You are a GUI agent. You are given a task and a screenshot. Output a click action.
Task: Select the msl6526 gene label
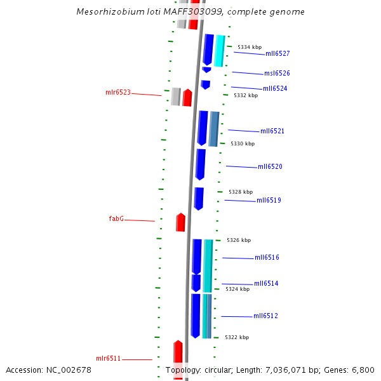pos(277,74)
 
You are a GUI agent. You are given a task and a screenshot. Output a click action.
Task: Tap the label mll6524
pos(275,89)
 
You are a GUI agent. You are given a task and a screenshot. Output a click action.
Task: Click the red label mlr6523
pos(118,93)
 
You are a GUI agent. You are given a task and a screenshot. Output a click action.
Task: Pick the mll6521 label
pos(272,131)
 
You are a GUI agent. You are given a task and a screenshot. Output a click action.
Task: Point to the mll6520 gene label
pos(270,167)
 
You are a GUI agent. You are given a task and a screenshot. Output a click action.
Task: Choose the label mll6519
pos(269,201)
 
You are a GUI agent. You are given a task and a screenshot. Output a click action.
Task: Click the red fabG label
pos(116,218)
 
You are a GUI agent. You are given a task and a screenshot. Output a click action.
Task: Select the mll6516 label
pos(267,258)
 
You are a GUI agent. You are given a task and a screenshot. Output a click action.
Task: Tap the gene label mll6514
pos(266,284)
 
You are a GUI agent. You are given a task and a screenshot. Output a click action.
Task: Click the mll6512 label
pos(265,316)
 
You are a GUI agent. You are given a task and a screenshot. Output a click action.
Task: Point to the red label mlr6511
pos(109,359)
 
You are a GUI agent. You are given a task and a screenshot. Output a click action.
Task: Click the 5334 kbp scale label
pos(250,47)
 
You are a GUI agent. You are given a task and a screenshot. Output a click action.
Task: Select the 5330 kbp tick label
pos(243,144)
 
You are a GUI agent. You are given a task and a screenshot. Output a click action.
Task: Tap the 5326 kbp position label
pos(239,240)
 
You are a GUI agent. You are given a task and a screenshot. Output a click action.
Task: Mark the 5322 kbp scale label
pos(237,337)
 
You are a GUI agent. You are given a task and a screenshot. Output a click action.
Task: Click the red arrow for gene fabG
pos(181,222)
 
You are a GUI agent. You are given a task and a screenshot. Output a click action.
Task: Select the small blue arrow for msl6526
pos(206,69)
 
